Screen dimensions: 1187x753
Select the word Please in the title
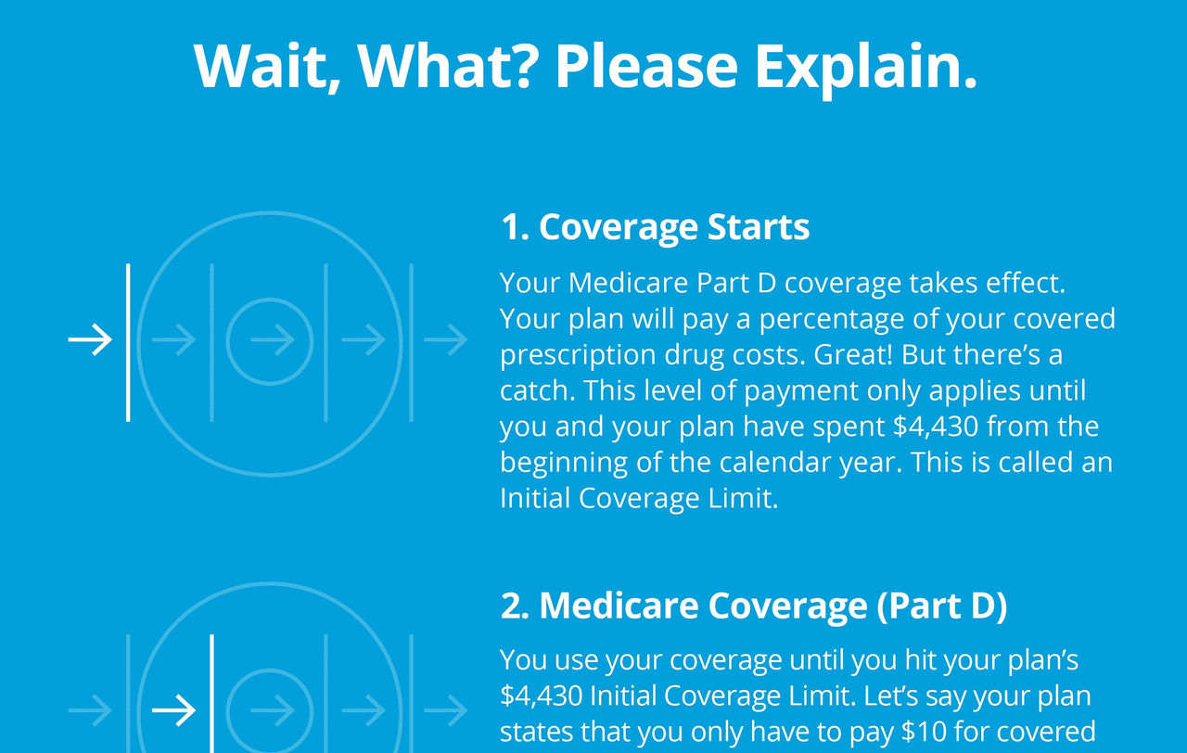(646, 66)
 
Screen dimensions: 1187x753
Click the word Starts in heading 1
(759, 227)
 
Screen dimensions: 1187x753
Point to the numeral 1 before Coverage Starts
(511, 227)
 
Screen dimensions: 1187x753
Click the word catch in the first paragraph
(536, 390)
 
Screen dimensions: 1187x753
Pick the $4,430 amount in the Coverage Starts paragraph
(936, 428)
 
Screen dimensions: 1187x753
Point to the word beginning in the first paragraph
(564, 464)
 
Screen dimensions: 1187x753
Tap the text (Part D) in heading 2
(942, 606)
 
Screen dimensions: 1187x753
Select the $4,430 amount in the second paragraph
(542, 696)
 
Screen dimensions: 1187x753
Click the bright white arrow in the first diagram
(90, 339)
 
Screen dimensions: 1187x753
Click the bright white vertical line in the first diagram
(128, 342)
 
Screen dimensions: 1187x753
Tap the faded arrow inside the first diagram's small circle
(273, 339)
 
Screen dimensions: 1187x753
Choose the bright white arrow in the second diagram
(173, 710)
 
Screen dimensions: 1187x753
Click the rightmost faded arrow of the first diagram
(445, 339)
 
